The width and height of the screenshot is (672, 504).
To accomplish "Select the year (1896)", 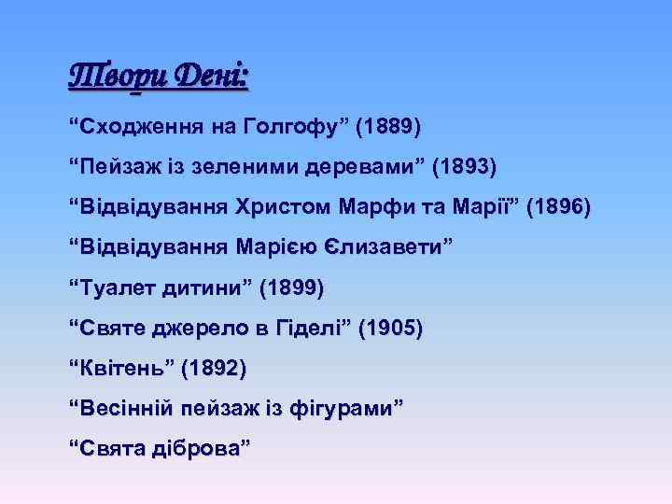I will click(x=558, y=207).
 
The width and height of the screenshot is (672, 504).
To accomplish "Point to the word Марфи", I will click(x=397, y=207).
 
